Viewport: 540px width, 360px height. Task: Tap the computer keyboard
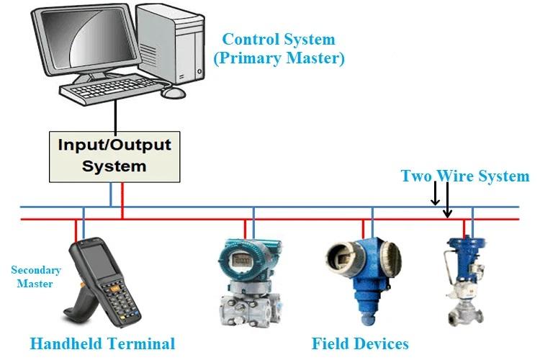pyautogui.click(x=115, y=91)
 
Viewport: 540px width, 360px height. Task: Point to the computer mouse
pyautogui.click(x=173, y=93)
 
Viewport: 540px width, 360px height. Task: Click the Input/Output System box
pyautogui.click(x=114, y=155)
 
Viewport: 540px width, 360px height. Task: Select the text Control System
pyautogui.click(x=279, y=40)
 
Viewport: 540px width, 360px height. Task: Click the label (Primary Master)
pyautogui.click(x=279, y=59)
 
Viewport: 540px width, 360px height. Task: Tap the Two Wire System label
pyautogui.click(x=464, y=176)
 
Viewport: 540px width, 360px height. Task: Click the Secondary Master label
pyautogui.click(x=36, y=276)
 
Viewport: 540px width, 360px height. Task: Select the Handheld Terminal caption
pyautogui.click(x=102, y=343)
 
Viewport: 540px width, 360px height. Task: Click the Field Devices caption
pyautogui.click(x=360, y=343)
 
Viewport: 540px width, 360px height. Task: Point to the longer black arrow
pyautogui.click(x=447, y=200)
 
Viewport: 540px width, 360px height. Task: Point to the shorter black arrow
pyautogui.click(x=435, y=194)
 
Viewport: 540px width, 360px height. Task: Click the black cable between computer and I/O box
pyautogui.click(x=114, y=115)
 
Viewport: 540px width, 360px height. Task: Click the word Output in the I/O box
pyautogui.click(x=144, y=145)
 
